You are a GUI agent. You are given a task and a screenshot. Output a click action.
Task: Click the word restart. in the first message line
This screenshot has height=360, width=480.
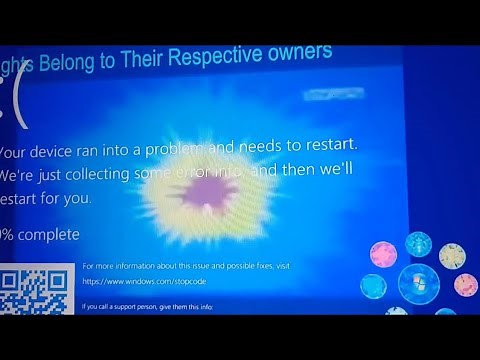click(x=326, y=146)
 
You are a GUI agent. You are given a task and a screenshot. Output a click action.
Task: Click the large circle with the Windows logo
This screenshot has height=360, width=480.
click(x=419, y=284)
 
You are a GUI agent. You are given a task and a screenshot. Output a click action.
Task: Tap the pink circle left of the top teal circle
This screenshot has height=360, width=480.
click(x=384, y=255)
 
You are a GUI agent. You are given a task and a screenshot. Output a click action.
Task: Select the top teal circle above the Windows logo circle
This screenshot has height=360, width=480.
click(x=418, y=244)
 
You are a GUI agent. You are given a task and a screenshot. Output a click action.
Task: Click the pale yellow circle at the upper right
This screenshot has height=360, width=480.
click(x=452, y=255)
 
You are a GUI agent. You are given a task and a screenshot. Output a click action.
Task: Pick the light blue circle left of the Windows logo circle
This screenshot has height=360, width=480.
click(x=374, y=287)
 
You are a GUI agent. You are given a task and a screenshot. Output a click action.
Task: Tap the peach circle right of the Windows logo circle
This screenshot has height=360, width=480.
click(x=465, y=285)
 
